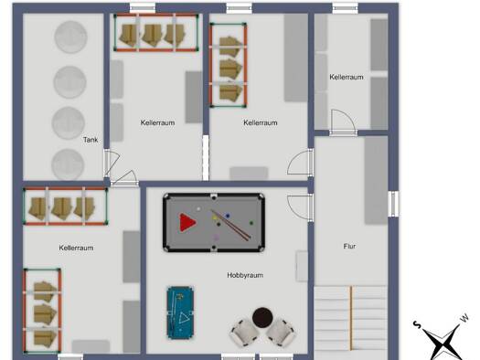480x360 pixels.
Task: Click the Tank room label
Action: tap(91, 140)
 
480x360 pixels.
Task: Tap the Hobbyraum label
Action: tap(245, 275)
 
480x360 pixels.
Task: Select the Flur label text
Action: tap(349, 246)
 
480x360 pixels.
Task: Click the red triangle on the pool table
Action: tap(187, 222)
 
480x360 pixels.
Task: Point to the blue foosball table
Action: tap(180, 312)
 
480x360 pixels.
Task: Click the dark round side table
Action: tap(262, 318)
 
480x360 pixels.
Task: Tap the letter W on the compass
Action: tap(464, 318)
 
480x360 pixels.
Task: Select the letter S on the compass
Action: tap(417, 324)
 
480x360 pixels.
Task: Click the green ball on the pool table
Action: tap(251, 223)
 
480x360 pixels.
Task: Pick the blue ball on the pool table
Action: tap(228, 216)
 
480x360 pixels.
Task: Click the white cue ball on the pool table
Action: tap(198, 209)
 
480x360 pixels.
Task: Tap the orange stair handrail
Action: tap(351, 318)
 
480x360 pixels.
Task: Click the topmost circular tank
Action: tap(70, 37)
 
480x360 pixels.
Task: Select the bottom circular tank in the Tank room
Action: tap(68, 164)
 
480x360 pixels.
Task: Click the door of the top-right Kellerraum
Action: tap(343, 122)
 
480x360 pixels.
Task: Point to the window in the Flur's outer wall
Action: tap(393, 204)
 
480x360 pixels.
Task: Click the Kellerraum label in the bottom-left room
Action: tap(76, 248)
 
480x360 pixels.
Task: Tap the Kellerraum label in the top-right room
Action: tap(347, 77)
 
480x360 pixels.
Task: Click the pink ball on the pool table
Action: tap(217, 238)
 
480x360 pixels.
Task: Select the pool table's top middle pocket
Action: tap(214, 197)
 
